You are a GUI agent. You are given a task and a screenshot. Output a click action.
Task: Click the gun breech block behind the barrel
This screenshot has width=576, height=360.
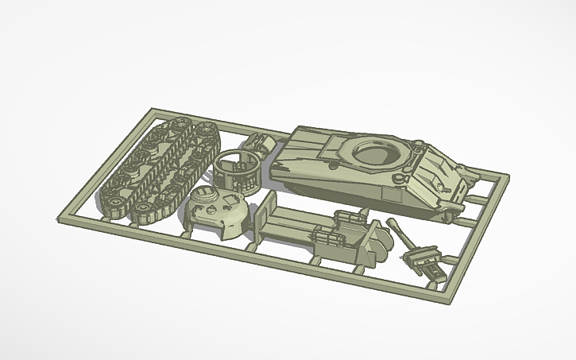[x=424, y=259]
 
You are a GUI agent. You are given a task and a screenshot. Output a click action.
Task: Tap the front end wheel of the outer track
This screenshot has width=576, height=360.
[x=114, y=207]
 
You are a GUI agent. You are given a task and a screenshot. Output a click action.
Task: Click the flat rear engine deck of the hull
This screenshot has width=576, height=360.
[x=306, y=143]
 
